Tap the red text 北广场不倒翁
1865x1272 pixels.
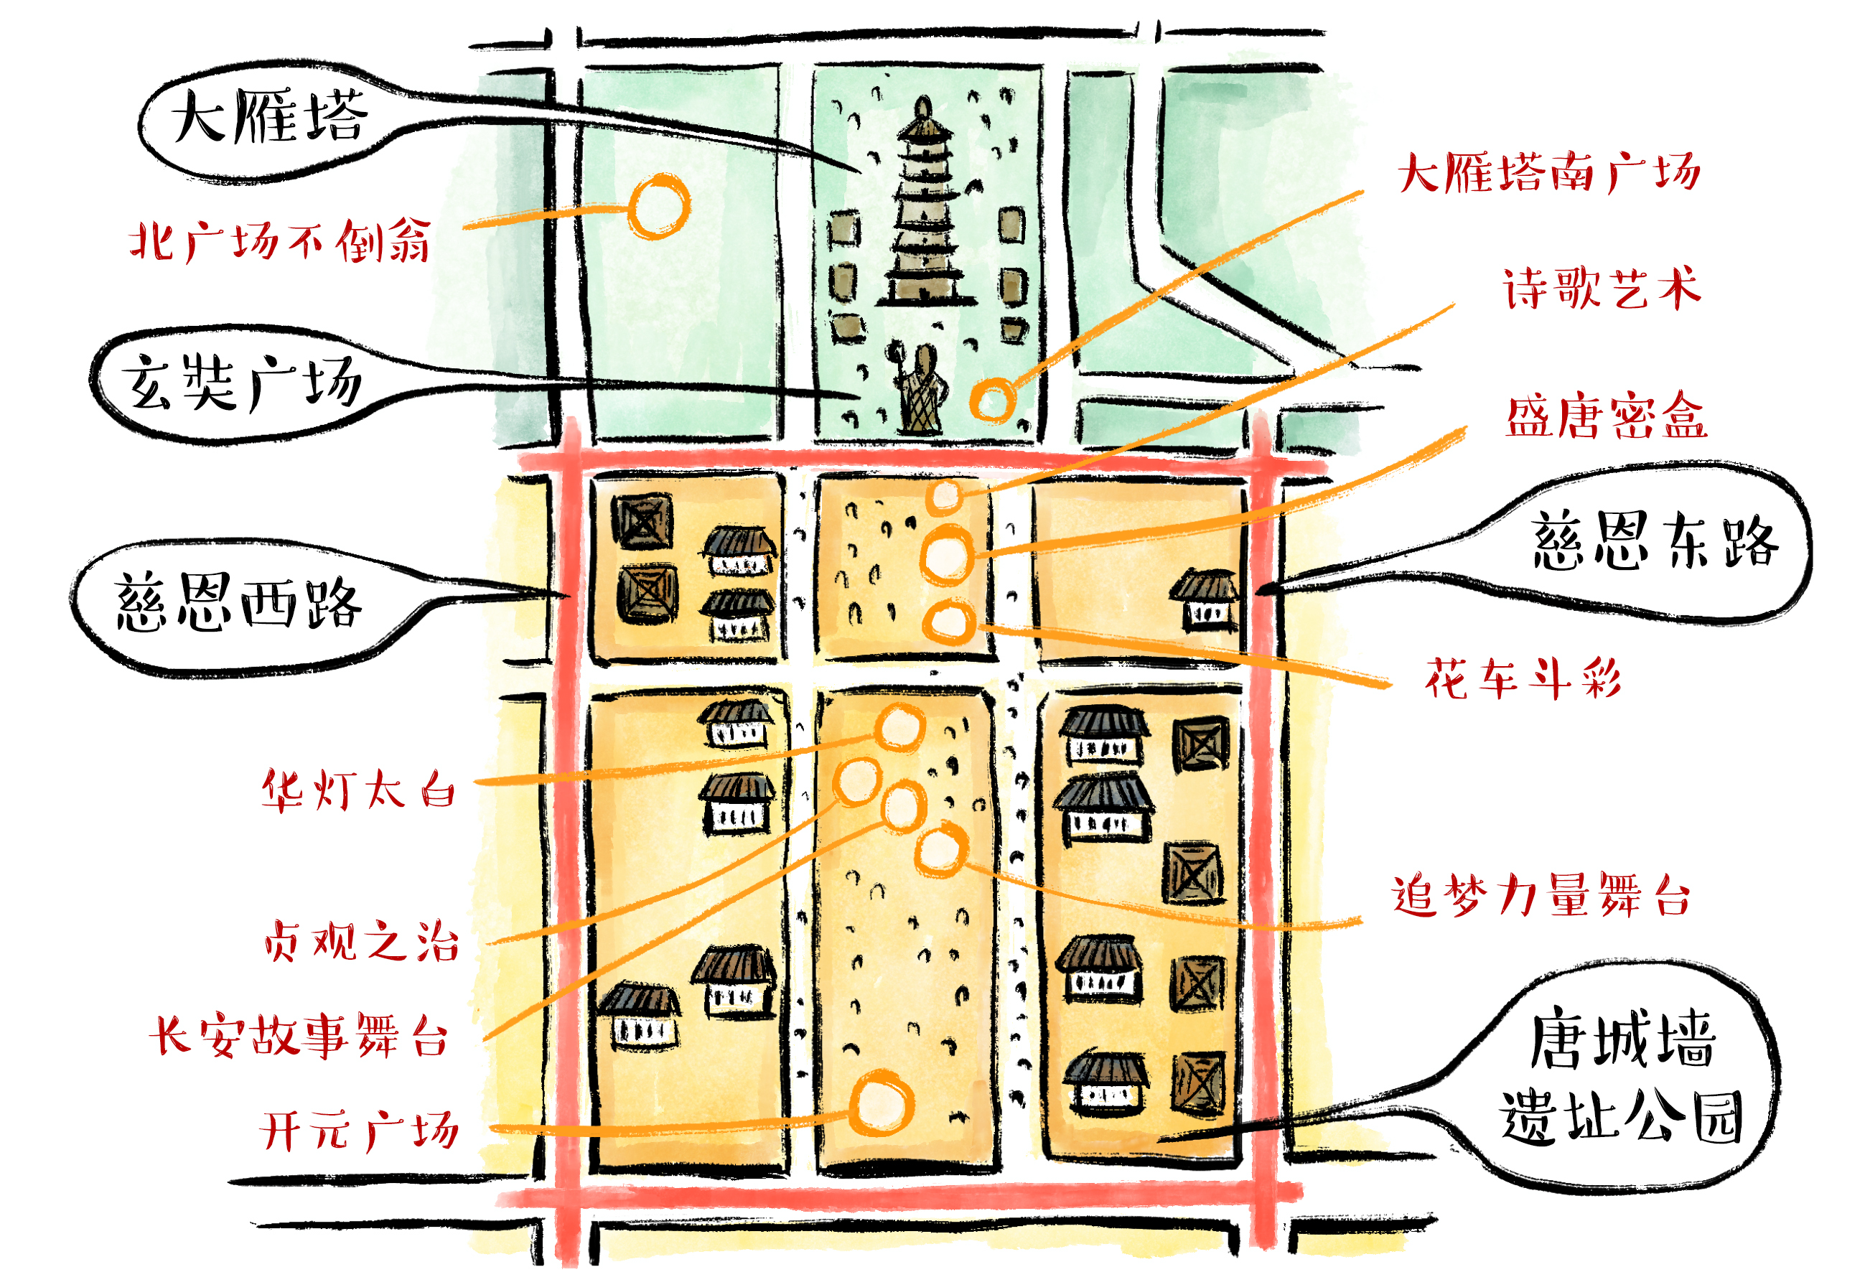coord(280,240)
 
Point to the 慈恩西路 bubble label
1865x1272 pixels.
coord(238,602)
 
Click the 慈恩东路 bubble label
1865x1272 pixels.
coord(1655,542)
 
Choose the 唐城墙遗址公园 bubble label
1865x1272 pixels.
coord(1622,1076)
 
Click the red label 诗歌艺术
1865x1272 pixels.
coord(1602,288)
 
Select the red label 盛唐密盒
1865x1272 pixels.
coord(1606,416)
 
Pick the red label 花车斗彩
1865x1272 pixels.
coord(1523,679)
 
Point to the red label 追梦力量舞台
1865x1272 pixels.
coord(1541,895)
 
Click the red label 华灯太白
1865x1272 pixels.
coord(359,790)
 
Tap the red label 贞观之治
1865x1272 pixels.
coord(361,941)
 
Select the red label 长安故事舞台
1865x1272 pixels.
coord(299,1035)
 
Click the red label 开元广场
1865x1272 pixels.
coord(360,1131)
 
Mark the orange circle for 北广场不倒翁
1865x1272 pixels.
coord(659,206)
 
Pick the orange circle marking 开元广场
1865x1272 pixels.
coord(881,1104)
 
